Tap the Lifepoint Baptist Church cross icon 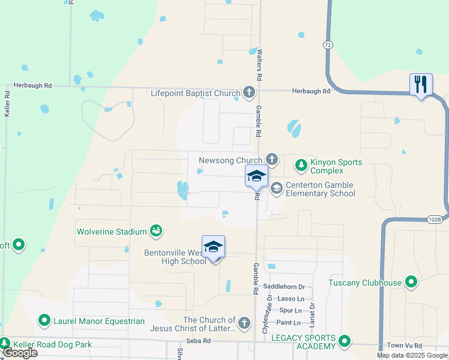249,92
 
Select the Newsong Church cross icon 271,160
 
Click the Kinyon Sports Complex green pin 300,164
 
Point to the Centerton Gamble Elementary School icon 276,188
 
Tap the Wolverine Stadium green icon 156,230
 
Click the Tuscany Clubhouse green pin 411,281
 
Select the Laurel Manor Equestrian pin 44,321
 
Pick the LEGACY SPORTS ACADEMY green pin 344,341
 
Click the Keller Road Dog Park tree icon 5,344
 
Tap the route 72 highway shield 327,45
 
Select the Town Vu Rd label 404,346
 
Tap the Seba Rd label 197,341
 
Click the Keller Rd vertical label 7,103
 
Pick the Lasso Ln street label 292,299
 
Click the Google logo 20,353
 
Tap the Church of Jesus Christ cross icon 243,323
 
